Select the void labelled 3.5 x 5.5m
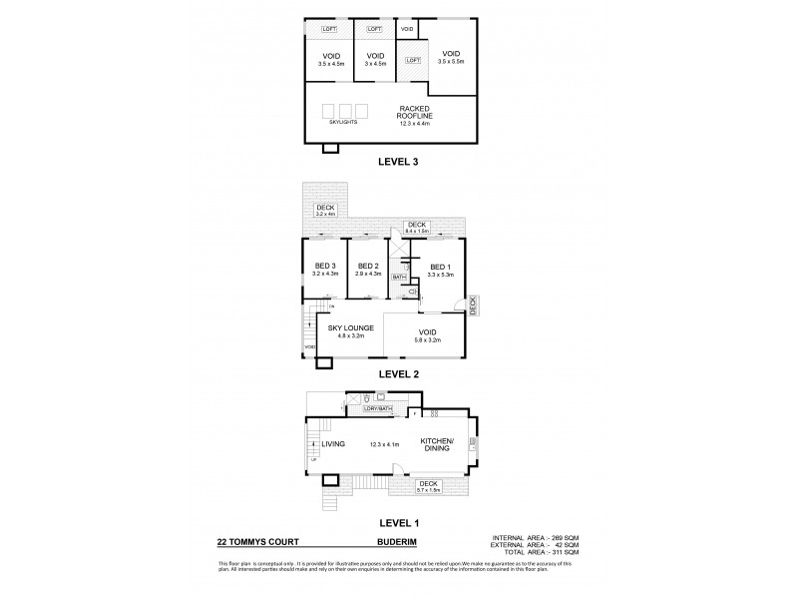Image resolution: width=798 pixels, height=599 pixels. coord(451,57)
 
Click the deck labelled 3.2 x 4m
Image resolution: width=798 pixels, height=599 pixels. coord(326,210)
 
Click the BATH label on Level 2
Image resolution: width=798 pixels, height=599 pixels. coord(398,277)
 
